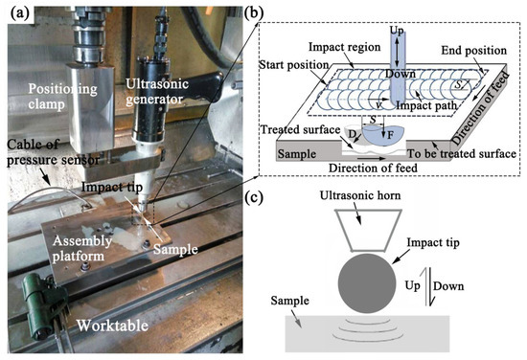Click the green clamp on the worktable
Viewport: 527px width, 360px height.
click(34, 286)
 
